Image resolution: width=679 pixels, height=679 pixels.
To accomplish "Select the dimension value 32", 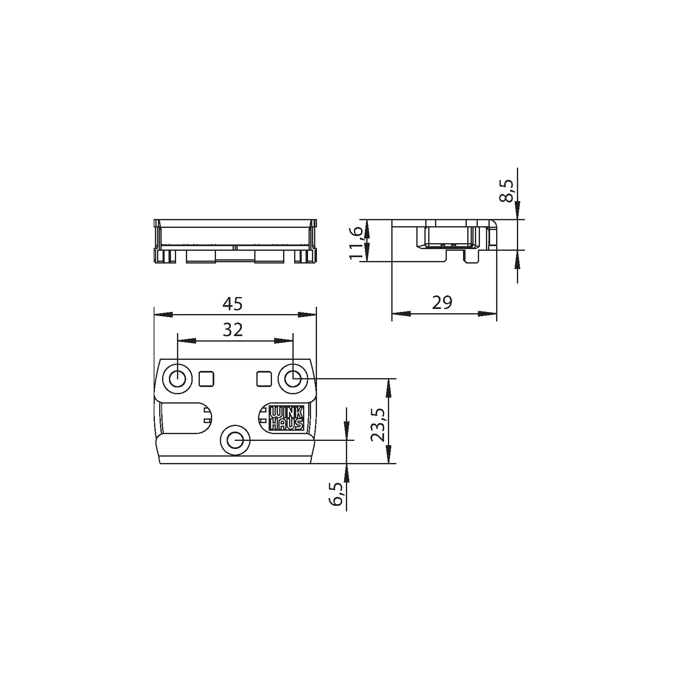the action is (233, 330).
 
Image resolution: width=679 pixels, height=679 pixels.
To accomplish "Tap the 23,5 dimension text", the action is (377, 425).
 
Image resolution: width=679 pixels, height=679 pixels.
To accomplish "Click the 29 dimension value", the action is (443, 303).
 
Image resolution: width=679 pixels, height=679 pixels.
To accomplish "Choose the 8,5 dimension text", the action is (507, 191).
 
